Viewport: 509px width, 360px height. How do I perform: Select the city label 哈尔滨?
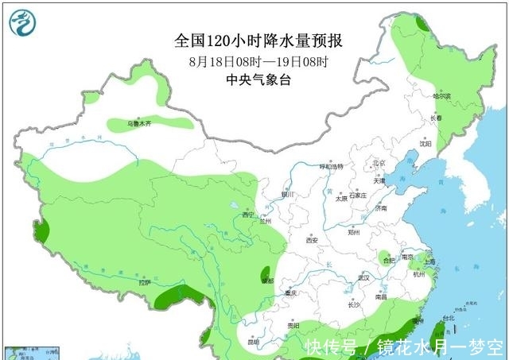tap(441, 95)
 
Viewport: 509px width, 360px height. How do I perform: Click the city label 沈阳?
tap(425, 145)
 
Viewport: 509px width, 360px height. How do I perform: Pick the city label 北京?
tap(379, 165)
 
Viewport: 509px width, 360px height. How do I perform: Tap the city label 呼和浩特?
tap(331, 167)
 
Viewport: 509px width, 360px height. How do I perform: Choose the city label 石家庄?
tap(357, 195)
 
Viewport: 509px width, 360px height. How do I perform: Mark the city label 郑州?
tap(355, 232)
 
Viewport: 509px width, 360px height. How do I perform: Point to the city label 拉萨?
tap(143, 282)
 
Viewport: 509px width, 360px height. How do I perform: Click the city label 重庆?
tap(291, 293)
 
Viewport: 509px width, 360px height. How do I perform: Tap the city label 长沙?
tap(355, 304)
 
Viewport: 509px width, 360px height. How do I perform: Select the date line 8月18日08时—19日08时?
tap(259, 60)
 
